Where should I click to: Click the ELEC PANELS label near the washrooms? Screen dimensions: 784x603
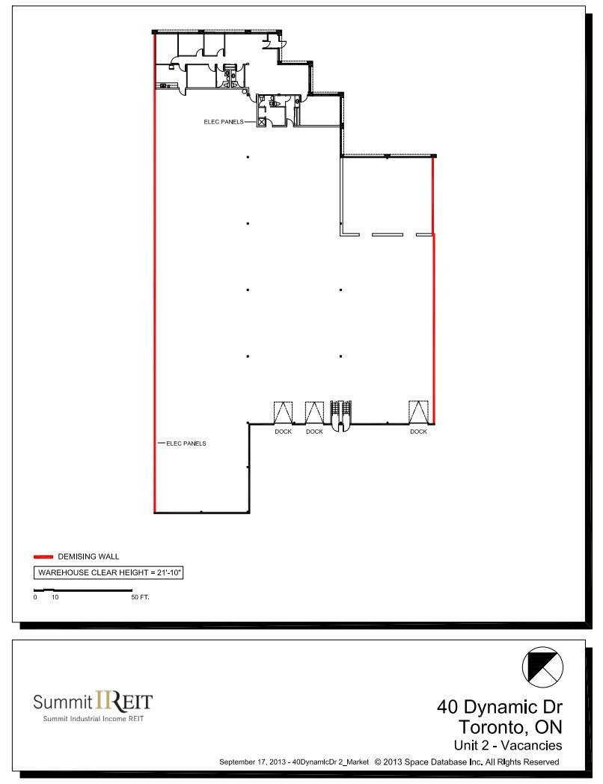coord(223,121)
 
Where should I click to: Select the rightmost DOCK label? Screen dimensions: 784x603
coord(418,432)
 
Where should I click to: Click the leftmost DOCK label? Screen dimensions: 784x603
coord(283,432)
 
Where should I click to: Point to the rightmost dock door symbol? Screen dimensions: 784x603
coord(417,412)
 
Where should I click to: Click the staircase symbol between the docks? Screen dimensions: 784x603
coord(340,414)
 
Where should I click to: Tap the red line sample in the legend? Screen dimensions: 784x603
coord(43,557)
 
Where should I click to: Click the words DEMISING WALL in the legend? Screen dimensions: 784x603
coord(88,557)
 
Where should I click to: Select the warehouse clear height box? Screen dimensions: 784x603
coord(110,573)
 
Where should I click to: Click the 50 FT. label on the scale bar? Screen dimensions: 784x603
coord(140,598)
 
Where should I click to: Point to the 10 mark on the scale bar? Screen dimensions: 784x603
coord(55,598)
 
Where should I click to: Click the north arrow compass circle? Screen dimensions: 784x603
coord(542,666)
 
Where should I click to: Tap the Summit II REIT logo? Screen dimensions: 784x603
coord(93,702)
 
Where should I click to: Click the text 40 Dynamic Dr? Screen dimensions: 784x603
coord(499,707)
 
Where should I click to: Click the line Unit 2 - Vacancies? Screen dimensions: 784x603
coord(507,745)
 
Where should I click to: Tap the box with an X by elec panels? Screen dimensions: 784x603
coord(262,122)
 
